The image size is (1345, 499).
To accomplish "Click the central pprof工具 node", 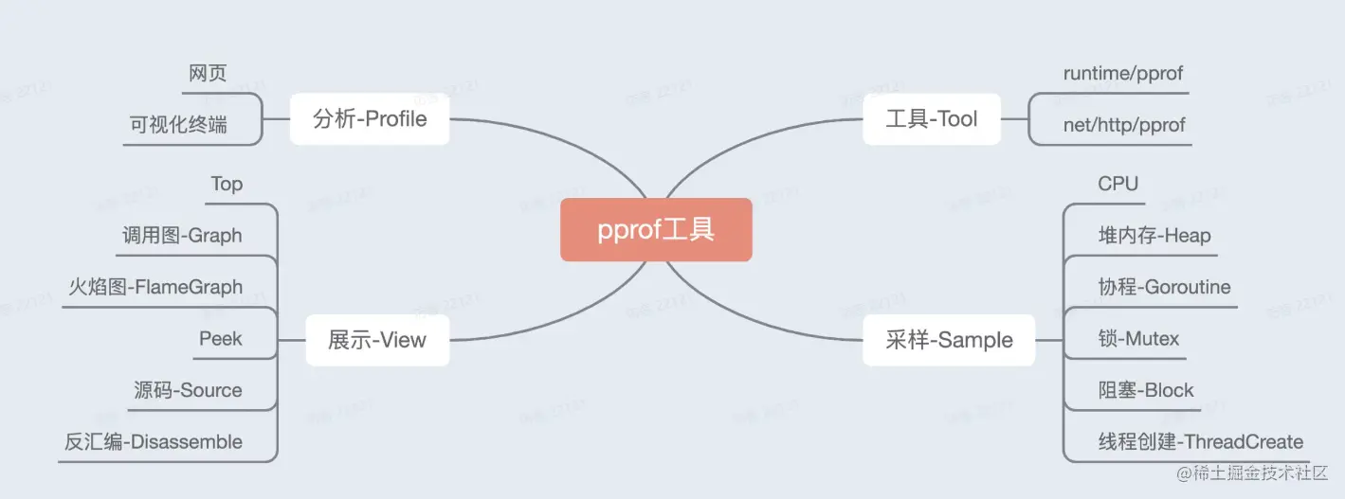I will click(656, 230).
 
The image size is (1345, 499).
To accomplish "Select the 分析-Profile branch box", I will click(370, 119).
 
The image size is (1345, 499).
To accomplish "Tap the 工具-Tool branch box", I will click(931, 119).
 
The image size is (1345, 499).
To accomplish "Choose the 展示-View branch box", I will click(377, 340).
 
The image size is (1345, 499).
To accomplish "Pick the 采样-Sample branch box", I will click(949, 340).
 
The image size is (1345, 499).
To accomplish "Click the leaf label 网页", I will click(208, 74).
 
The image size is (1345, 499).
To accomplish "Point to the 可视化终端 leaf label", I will click(178, 125).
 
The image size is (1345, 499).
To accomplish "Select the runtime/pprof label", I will click(1123, 74).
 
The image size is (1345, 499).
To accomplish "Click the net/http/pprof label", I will click(1124, 125).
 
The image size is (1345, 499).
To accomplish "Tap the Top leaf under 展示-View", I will click(227, 184).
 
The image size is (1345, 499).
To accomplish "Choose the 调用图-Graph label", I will click(182, 236).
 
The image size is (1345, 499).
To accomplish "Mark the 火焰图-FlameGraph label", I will click(155, 287).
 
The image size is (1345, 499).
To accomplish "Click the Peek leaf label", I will click(221, 338).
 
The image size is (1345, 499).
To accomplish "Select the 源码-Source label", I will click(188, 390).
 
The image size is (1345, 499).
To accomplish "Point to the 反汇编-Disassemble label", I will click(154, 442).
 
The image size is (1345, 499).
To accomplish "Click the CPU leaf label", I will click(1118, 184).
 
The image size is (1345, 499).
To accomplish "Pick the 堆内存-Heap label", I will click(1154, 236).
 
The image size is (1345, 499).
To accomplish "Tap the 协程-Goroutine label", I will click(1164, 287).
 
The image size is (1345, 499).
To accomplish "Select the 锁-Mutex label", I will click(1138, 338).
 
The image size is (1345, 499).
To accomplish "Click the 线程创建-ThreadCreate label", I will click(1200, 442).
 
